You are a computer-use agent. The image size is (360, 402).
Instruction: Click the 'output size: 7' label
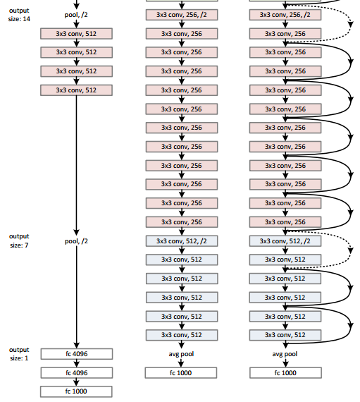[x=19, y=240]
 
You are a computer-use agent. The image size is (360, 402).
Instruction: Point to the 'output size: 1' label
[x=19, y=353]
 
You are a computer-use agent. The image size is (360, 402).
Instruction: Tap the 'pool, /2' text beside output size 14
[x=75, y=14]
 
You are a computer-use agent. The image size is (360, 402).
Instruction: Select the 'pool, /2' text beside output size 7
[x=75, y=240]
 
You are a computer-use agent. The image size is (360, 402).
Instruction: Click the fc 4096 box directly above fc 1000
[x=75, y=372]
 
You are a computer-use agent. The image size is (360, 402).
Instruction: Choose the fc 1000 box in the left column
[x=75, y=391]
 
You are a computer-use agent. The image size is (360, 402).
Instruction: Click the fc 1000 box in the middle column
[x=181, y=372]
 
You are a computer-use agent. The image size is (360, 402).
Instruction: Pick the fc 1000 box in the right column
[x=285, y=372]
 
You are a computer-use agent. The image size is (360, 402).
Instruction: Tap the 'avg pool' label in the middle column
[x=181, y=353]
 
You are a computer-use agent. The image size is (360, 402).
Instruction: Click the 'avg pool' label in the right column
[x=285, y=353]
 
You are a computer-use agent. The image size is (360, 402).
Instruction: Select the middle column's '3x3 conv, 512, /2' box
[x=181, y=240]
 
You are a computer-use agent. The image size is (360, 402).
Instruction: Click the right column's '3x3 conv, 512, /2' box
[x=285, y=240]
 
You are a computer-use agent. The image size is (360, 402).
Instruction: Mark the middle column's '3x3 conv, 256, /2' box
[x=181, y=15]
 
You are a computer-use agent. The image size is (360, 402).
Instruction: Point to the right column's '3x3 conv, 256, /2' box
[x=285, y=15]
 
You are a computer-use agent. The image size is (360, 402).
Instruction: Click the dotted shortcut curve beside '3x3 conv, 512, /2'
[x=350, y=250]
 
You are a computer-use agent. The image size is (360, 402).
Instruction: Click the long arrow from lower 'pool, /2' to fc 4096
[x=75, y=296]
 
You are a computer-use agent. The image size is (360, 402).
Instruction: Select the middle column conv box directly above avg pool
[x=181, y=334]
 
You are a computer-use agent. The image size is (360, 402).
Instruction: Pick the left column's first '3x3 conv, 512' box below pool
[x=75, y=33]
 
